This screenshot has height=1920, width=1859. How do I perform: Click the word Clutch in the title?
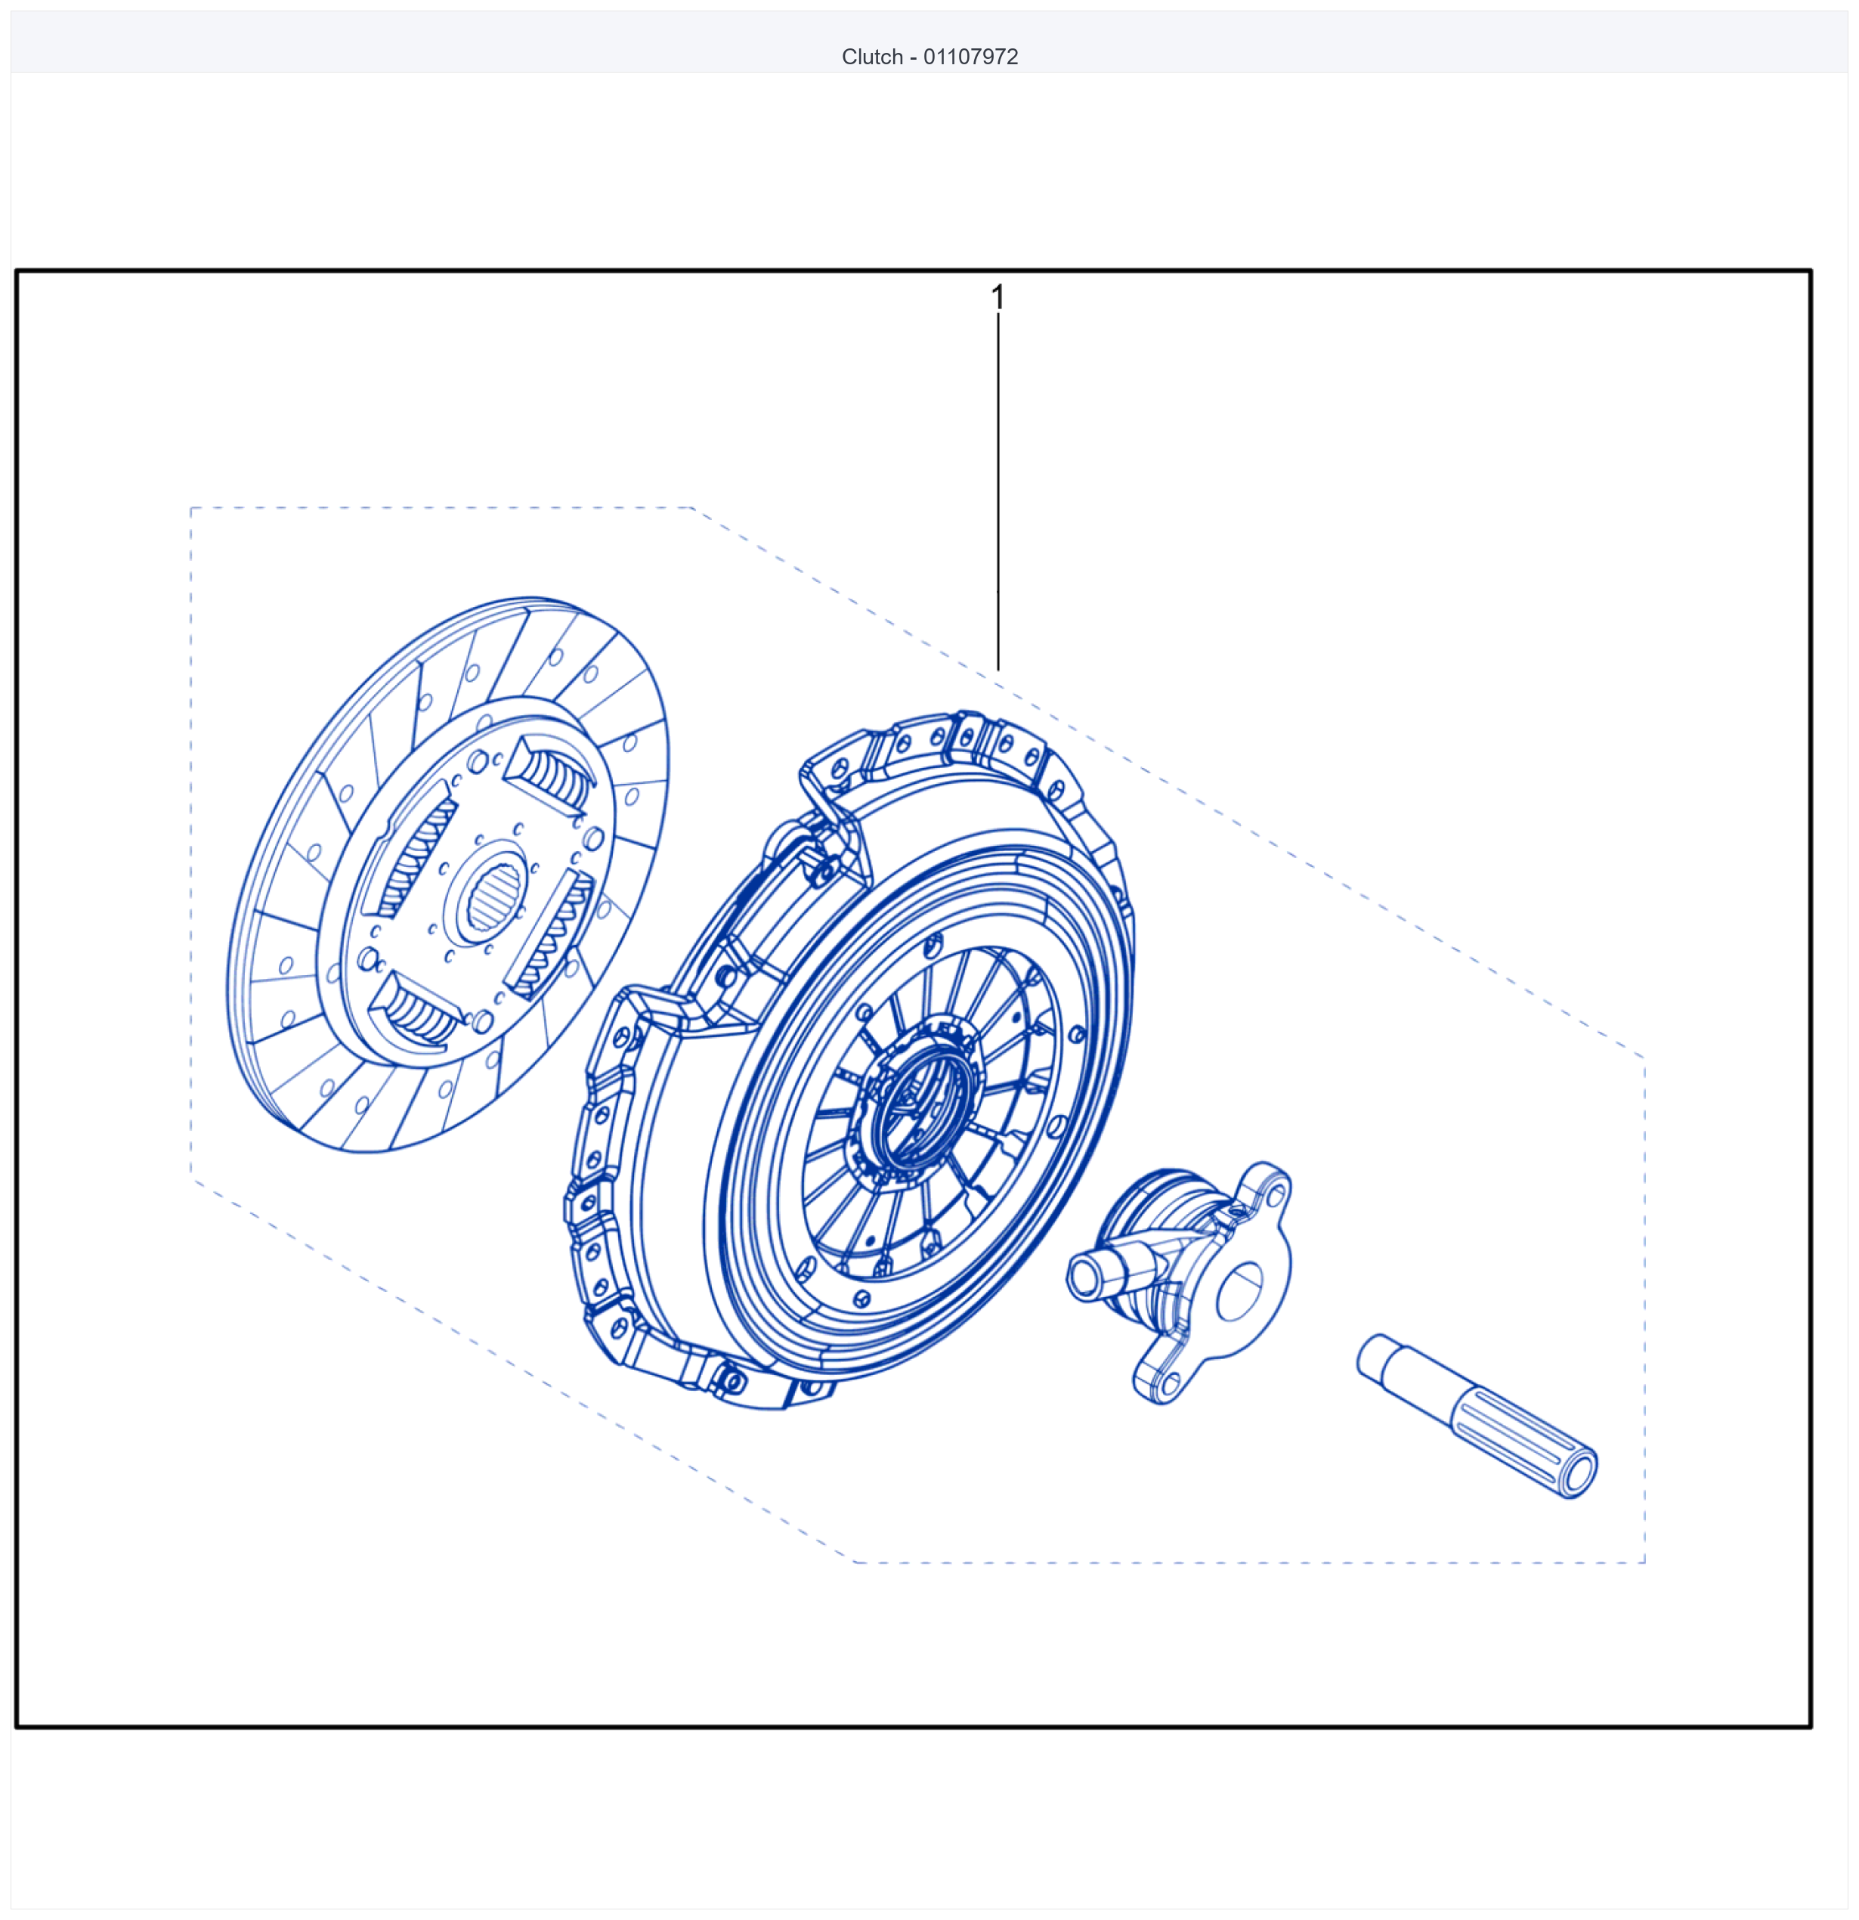pyautogui.click(x=872, y=57)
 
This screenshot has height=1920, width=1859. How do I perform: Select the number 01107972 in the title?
pyautogui.click(x=970, y=57)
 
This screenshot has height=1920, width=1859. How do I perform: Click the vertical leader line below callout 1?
pyautogui.click(x=998, y=492)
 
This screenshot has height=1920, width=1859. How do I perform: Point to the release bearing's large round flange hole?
pyautogui.click(x=1239, y=1292)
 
